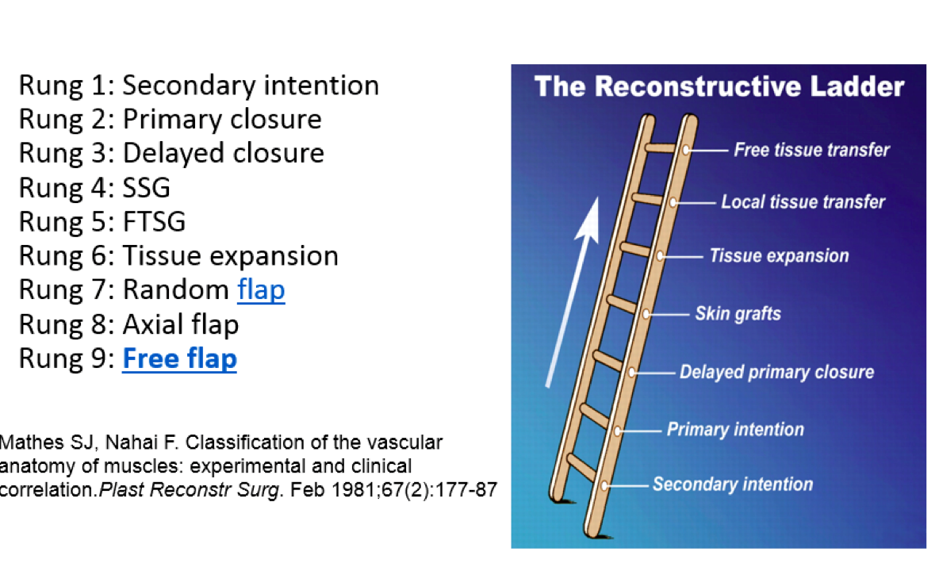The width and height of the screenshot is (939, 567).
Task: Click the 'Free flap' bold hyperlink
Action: [x=179, y=359]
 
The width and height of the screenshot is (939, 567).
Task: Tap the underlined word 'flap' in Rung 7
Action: [x=261, y=290]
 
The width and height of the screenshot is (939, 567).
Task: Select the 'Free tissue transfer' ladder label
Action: [x=811, y=150]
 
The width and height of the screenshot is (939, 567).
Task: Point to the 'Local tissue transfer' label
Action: [x=803, y=202]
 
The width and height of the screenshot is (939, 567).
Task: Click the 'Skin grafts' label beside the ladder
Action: [x=738, y=313]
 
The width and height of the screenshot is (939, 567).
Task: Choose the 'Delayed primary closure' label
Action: [x=776, y=372]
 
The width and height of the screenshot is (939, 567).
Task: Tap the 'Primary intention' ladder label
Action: [x=735, y=430]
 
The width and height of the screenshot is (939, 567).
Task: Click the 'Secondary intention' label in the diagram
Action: [x=733, y=484]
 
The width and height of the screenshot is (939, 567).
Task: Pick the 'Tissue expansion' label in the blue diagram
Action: [x=779, y=256]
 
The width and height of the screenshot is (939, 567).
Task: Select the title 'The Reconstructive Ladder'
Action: [x=719, y=86]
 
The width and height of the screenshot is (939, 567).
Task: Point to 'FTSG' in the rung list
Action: [x=154, y=222]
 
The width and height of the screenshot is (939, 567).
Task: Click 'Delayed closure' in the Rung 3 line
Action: [x=223, y=153]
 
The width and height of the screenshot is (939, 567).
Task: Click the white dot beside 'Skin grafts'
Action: [x=646, y=314]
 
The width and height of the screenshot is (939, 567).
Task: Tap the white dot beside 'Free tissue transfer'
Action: [x=685, y=149]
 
